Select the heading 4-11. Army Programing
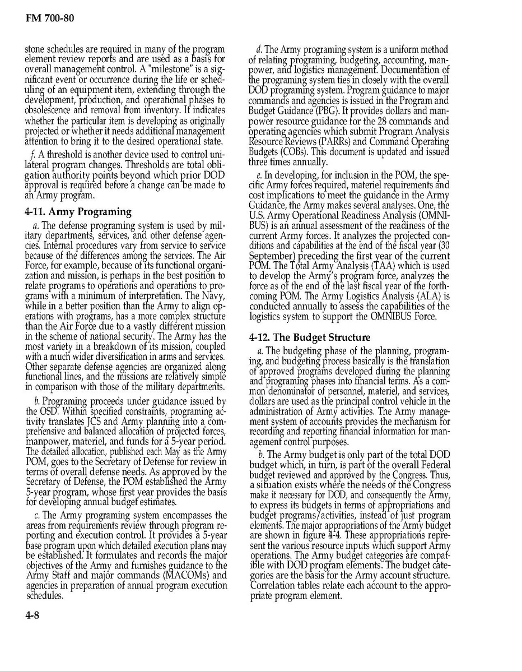pos(78,211)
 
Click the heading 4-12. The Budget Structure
pos(309,337)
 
